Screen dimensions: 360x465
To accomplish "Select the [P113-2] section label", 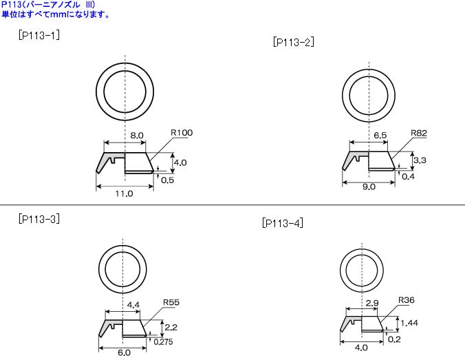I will coord(294,42).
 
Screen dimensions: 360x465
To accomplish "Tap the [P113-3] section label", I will coord(39,219).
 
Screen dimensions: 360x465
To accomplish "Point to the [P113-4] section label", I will coord(283,223).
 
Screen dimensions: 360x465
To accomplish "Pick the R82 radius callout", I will coord(420,133).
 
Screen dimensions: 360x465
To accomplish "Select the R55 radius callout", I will coord(171,302).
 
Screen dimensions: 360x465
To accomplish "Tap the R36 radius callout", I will coord(407,300).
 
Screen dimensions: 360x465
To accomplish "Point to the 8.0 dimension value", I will coord(136,136).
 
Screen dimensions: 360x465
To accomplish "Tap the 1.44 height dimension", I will coord(409,322).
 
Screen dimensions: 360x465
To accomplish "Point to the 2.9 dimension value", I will coord(371,303).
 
